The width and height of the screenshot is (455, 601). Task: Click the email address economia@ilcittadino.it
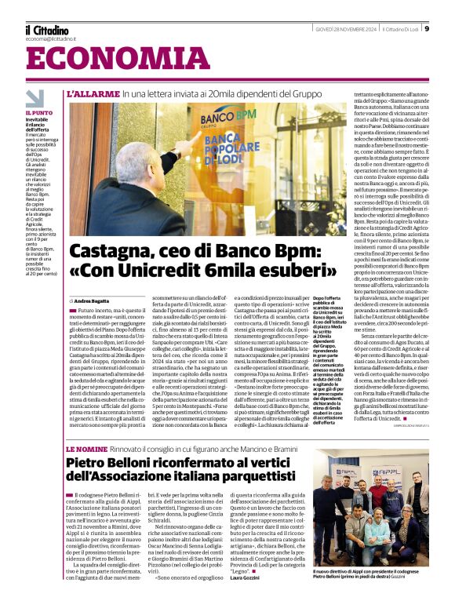pos(50,38)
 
